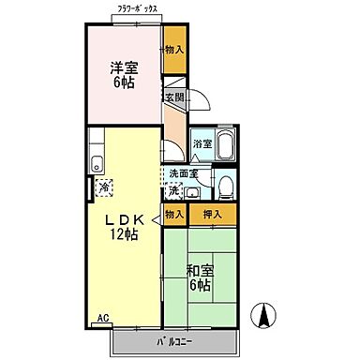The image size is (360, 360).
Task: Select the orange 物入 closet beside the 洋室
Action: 173,49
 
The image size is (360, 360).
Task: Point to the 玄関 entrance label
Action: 173,97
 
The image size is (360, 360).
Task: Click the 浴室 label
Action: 202,143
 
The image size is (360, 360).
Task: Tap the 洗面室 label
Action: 184,173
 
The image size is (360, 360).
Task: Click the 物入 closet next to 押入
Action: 173,215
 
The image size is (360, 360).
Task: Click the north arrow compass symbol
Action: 267,317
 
